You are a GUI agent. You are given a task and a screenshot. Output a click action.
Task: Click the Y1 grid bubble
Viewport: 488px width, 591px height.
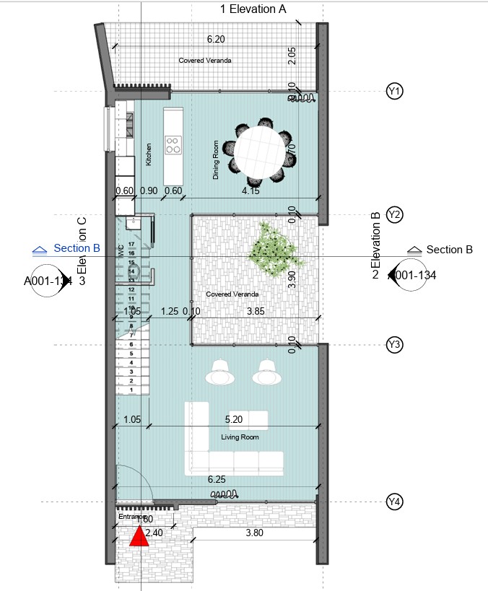pyautogui.click(x=394, y=92)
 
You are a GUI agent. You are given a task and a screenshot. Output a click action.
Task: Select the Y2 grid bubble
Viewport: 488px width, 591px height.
pyautogui.click(x=394, y=214)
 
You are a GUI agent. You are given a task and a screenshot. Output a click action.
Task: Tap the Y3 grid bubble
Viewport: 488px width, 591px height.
pyautogui.click(x=394, y=345)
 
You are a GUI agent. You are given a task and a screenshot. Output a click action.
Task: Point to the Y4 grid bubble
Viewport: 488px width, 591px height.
pyautogui.click(x=394, y=502)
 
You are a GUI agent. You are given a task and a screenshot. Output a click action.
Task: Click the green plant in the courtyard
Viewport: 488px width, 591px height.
pyautogui.click(x=272, y=250)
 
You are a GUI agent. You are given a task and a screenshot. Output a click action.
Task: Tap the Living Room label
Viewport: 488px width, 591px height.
pyautogui.click(x=240, y=437)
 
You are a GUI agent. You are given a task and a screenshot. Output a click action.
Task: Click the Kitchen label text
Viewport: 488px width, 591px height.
pyautogui.click(x=149, y=154)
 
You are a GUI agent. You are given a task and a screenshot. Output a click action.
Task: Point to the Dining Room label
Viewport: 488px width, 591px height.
pyautogui.click(x=215, y=159)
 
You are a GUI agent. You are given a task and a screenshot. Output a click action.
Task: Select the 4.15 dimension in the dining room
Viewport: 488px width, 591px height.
pyautogui.click(x=250, y=191)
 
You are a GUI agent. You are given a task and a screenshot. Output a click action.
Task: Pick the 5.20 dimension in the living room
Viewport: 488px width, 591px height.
pyautogui.click(x=235, y=419)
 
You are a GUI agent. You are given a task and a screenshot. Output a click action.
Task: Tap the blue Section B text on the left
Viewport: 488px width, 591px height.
pyautogui.click(x=77, y=248)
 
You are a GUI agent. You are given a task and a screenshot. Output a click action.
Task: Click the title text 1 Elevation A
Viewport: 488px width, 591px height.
pyautogui.click(x=253, y=9)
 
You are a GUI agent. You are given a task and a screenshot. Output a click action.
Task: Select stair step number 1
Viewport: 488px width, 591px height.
pyautogui.click(x=131, y=390)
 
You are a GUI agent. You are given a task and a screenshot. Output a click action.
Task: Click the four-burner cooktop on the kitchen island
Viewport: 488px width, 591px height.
pyautogui.click(x=173, y=145)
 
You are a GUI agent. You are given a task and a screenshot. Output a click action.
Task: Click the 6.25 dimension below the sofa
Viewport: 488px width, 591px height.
pyautogui.click(x=217, y=479)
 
